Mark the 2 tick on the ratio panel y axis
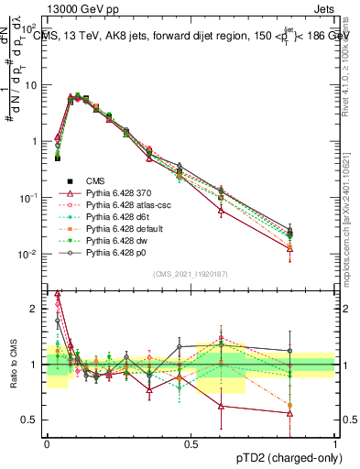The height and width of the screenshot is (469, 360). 35,309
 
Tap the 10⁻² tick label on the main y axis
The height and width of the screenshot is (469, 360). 30,254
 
